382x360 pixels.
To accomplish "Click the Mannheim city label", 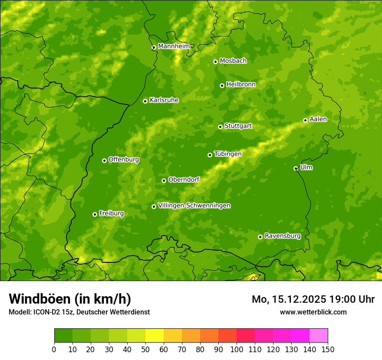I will pyautogui.click(x=174, y=46).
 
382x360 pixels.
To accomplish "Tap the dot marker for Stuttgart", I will pyautogui.click(x=220, y=127).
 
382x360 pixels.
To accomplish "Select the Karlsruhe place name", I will pyautogui.click(x=164, y=100).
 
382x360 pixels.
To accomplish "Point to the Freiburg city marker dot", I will pyautogui.click(x=95, y=214).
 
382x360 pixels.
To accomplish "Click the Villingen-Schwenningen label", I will pyautogui.click(x=194, y=206).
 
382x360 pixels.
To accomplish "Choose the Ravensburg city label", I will pyautogui.click(x=283, y=236).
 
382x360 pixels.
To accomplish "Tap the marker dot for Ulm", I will pyautogui.click(x=296, y=168).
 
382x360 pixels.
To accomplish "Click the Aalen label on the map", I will pyautogui.click(x=318, y=119).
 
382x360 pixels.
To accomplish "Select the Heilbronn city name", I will pyautogui.click(x=241, y=85).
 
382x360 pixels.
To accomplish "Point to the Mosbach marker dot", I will pyautogui.click(x=215, y=62).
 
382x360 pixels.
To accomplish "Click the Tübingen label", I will pyautogui.click(x=228, y=154).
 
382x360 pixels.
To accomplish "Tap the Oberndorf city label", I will pyautogui.click(x=184, y=180).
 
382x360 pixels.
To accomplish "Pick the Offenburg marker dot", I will pyautogui.click(x=104, y=160).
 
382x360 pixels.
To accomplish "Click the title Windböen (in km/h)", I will pyautogui.click(x=70, y=299).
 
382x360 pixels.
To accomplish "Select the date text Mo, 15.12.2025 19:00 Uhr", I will pyautogui.click(x=313, y=299).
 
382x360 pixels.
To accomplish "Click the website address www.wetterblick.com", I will pyautogui.click(x=313, y=312).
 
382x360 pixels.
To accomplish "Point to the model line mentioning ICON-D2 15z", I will pyautogui.click(x=79, y=312).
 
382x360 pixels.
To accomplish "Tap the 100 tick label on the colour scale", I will pyautogui.click(x=237, y=349).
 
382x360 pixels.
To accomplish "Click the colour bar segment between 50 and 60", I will pyautogui.click(x=155, y=336).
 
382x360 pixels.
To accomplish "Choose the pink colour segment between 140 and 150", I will pyautogui.click(x=319, y=336).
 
